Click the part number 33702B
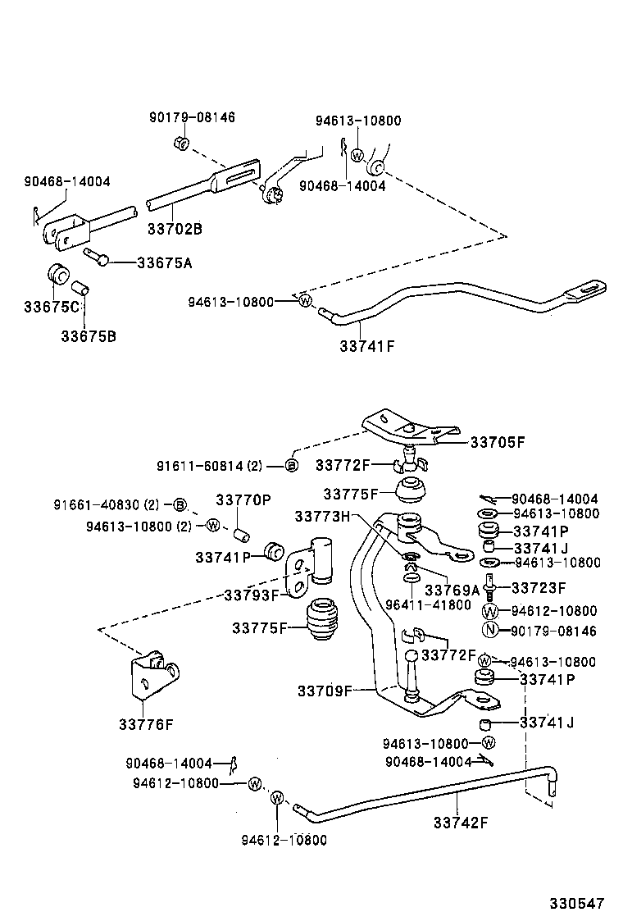174,230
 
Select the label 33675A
164,263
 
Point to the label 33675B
88,335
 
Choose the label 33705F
497,442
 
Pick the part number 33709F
325,691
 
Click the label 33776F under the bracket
146,723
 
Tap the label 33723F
539,587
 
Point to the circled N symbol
490,631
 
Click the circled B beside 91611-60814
291,465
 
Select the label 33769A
452,589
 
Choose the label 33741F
367,345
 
